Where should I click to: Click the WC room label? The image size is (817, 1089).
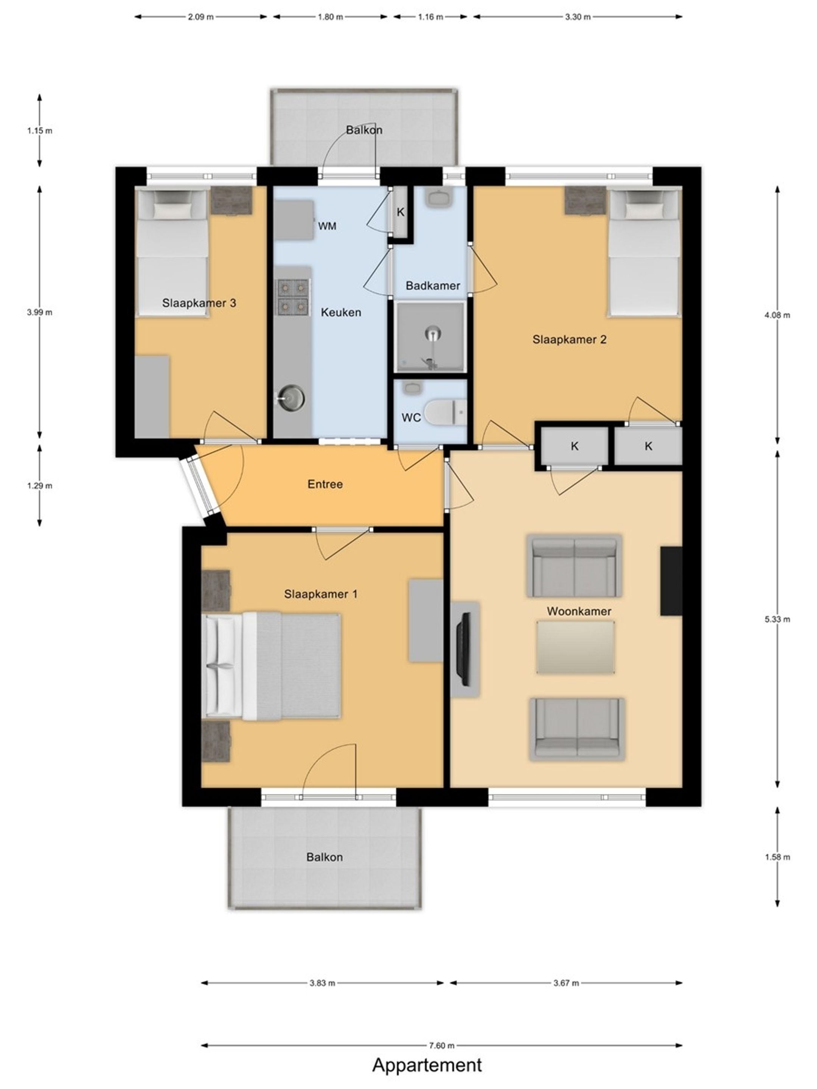[411, 417]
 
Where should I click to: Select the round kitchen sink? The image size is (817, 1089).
[290, 397]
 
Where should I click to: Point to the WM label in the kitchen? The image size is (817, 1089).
[327, 226]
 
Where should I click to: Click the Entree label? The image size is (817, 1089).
[325, 484]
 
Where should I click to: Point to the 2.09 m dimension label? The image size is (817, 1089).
[201, 17]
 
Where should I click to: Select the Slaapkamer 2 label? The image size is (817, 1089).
[569, 339]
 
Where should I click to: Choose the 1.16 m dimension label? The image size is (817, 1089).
[430, 17]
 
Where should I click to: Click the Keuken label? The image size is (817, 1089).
[341, 312]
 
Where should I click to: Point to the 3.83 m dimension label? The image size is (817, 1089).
[322, 983]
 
